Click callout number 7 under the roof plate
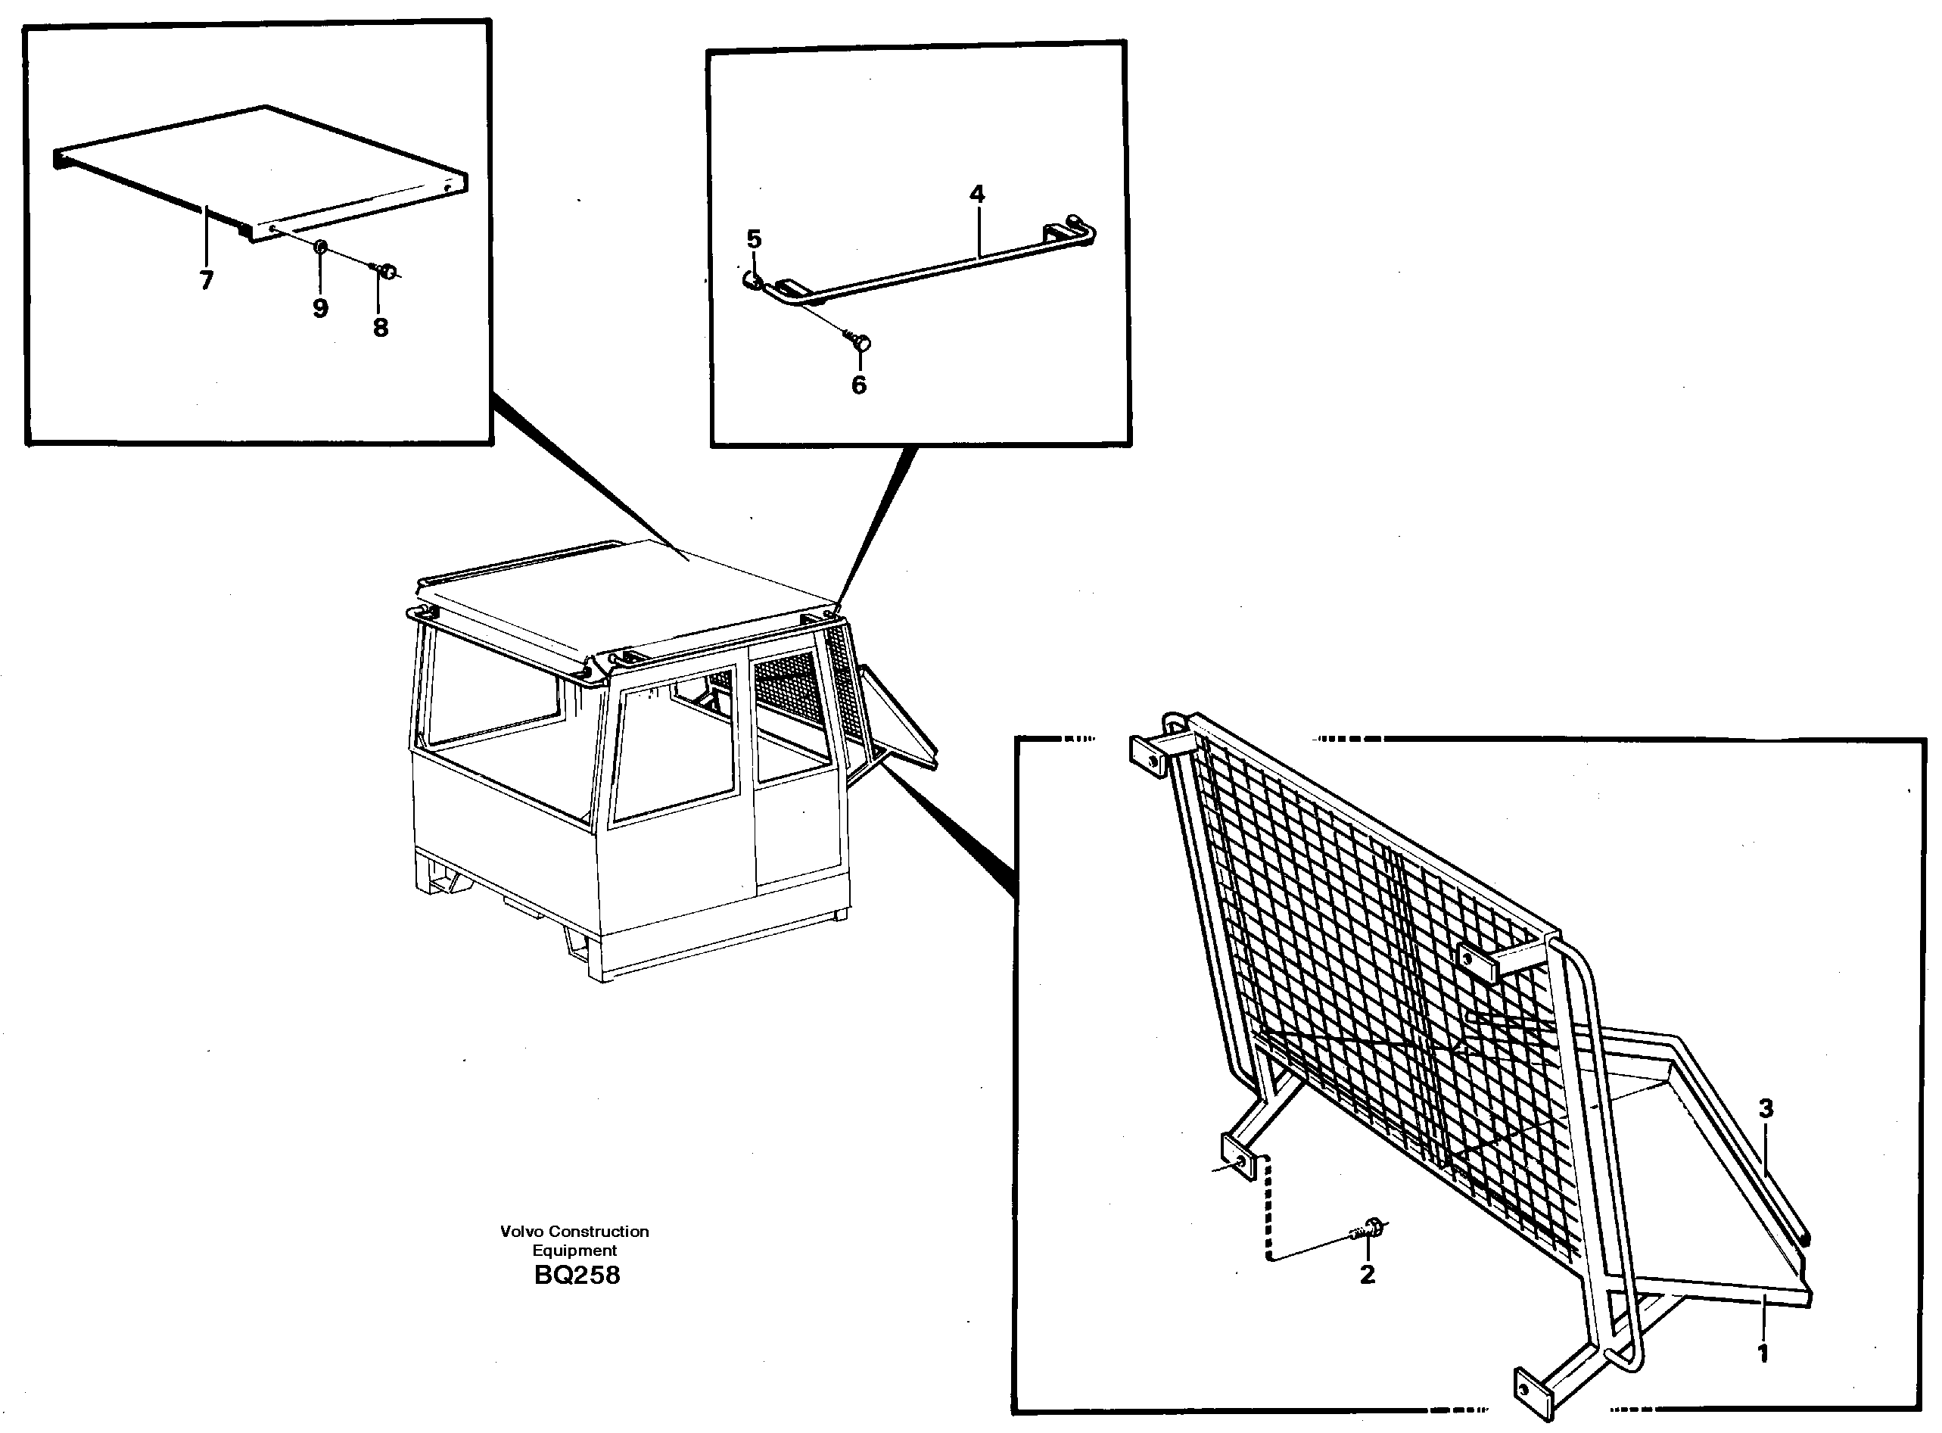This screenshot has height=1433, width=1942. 206,280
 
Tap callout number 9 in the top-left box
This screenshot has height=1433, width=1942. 320,308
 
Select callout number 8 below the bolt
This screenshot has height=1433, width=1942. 380,327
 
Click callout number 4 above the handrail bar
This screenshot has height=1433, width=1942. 976,195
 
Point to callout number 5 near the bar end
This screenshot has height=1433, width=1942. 754,238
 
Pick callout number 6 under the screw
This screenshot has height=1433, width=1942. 859,385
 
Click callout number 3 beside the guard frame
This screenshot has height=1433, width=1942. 1766,1107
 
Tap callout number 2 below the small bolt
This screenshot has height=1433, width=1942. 1367,1274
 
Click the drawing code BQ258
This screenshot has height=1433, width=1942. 577,1275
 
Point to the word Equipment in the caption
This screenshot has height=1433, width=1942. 574,1250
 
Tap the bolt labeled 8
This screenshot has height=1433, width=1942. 387,273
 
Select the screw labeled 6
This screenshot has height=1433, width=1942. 861,343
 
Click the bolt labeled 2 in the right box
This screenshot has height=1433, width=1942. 1371,1227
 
